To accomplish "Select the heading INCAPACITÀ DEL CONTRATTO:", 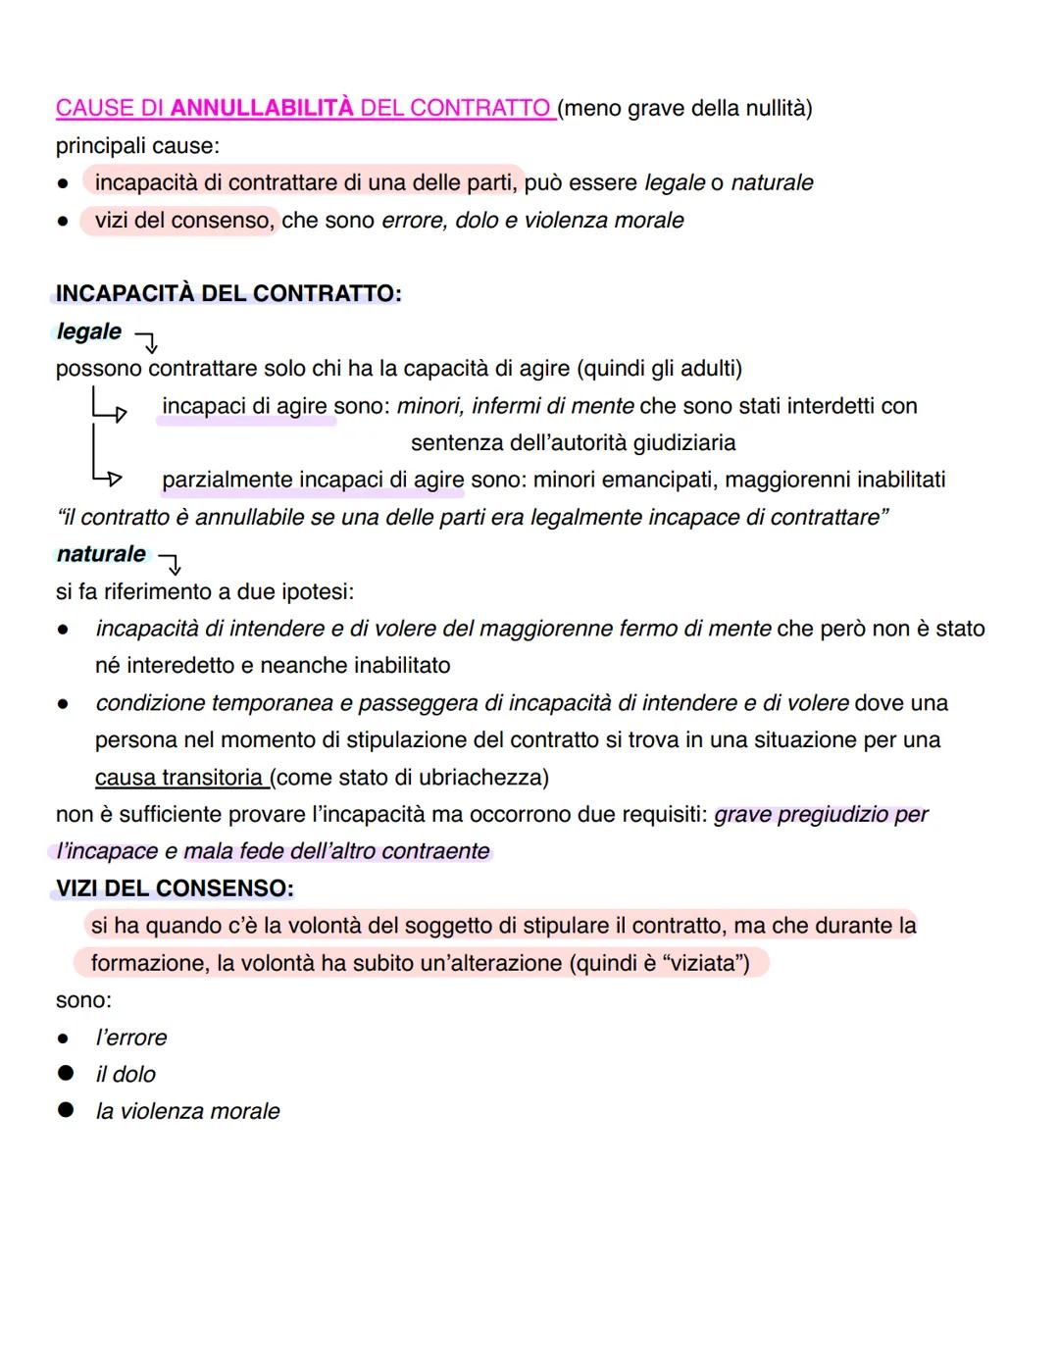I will coord(228,293).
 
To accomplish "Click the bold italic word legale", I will coord(89,331).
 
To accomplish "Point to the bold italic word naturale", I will coord(101,554).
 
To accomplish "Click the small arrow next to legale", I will coord(146,341).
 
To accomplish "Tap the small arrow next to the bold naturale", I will coord(171,564).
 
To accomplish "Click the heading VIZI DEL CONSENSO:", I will coord(175,888).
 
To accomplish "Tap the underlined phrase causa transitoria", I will coord(179,778).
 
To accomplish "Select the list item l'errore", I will coord(131,1038).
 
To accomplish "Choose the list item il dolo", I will coord(126,1075).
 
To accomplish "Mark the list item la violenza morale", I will coord(187,1111).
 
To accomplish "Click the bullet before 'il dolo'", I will coord(66,1074).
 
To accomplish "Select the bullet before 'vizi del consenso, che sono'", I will coord(63,222).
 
